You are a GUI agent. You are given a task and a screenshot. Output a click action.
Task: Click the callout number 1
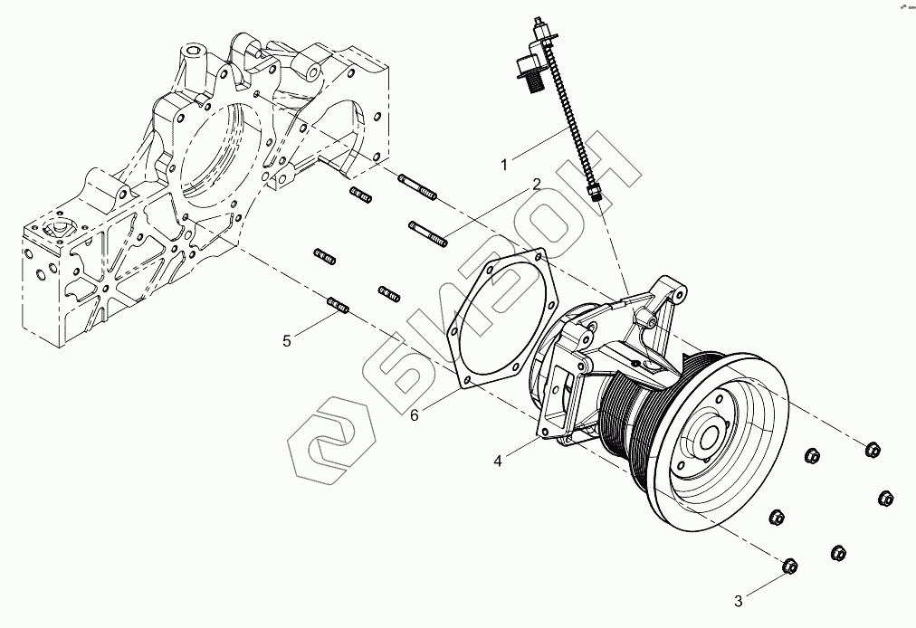[x=506, y=164]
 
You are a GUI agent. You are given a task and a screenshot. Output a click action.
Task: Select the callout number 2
[x=537, y=185]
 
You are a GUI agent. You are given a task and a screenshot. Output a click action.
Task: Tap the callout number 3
[x=739, y=599]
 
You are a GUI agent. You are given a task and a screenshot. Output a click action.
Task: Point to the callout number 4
[x=498, y=461]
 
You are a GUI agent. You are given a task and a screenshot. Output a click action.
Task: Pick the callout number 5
[x=288, y=340]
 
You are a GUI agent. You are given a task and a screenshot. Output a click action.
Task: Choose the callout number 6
[x=415, y=414]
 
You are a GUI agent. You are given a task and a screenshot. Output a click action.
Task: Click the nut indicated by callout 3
[x=788, y=567]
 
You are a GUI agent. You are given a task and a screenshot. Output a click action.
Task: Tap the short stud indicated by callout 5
[x=339, y=307]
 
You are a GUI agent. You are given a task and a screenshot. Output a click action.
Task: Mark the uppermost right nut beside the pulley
[x=872, y=449]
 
